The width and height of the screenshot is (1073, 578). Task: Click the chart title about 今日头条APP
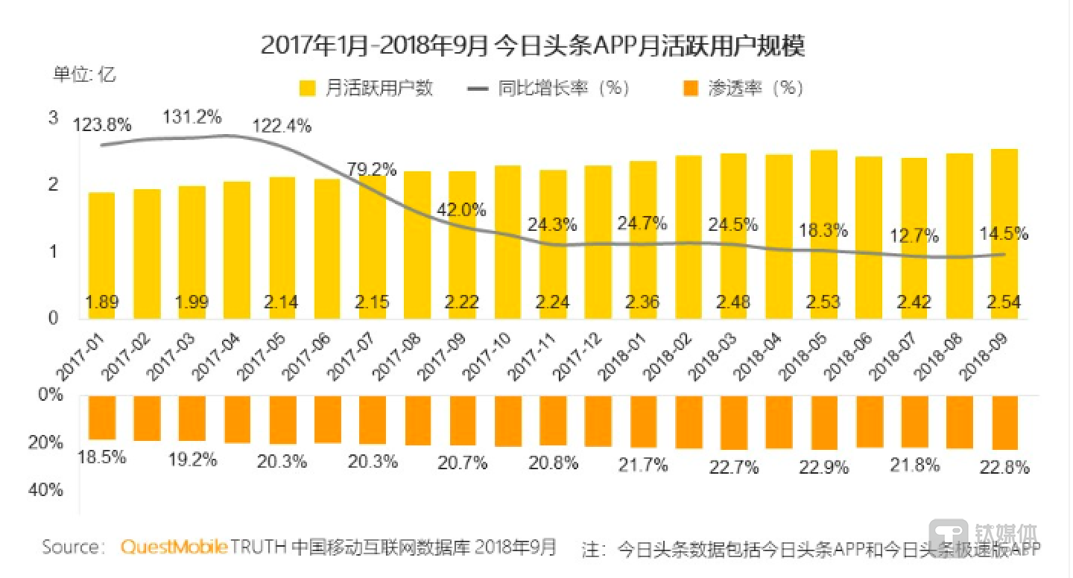(533, 45)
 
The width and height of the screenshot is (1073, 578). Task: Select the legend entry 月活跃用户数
(366, 88)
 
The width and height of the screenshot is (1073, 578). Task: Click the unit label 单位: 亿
(83, 74)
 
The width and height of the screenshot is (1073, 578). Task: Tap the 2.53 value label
(823, 302)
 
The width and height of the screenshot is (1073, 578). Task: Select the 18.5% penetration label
(101, 457)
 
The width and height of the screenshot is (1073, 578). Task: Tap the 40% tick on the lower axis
(51, 491)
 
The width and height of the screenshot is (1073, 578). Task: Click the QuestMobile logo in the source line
(174, 547)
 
